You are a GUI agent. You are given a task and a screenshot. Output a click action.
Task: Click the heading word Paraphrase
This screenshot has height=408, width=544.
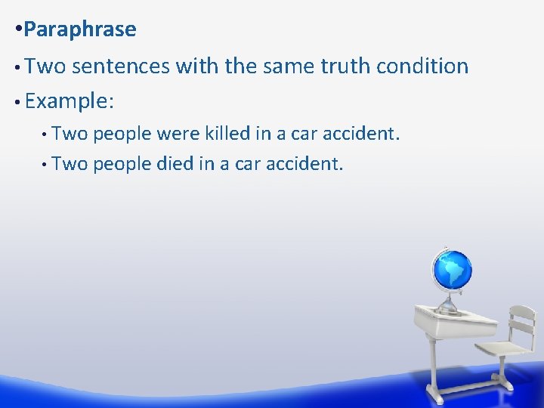coord(79,29)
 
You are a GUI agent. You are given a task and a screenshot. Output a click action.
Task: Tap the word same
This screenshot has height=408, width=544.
coord(290,66)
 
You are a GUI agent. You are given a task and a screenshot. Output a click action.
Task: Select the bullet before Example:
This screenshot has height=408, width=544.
coord(17,101)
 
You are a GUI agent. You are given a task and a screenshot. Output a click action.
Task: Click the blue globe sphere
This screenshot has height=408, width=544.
coord(452,270)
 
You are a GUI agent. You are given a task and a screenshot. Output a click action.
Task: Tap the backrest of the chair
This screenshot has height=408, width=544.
coord(521,321)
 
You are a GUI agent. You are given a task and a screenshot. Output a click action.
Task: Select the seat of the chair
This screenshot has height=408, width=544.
coord(502,349)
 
